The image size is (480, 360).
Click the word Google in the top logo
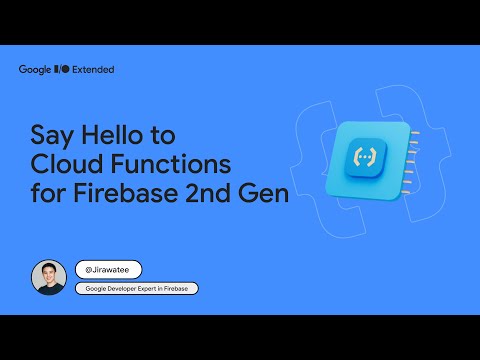[36, 69]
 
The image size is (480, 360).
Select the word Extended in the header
[94, 69]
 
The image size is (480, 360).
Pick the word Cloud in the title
[68, 164]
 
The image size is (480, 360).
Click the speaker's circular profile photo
[48, 277]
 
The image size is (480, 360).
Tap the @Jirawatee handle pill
[108, 269]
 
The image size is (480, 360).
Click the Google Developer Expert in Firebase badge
[136, 288]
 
